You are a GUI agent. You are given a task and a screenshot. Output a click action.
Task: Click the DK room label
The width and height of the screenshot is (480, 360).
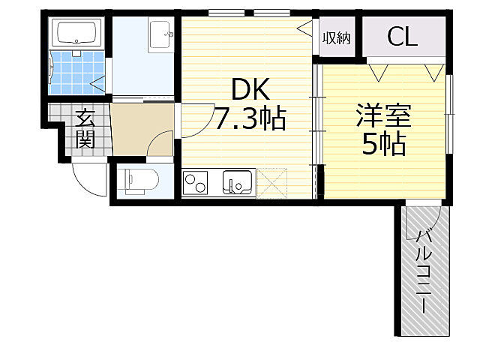251,89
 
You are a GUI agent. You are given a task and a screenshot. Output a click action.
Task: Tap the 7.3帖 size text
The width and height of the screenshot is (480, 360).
250,118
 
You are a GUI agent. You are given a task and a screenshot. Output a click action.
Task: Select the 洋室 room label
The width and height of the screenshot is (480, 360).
384,115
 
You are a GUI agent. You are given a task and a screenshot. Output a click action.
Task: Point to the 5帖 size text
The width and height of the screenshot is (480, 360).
384,144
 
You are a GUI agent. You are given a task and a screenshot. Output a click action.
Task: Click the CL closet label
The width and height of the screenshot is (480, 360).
402,37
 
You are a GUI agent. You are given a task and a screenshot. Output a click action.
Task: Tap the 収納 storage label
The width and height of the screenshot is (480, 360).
337,38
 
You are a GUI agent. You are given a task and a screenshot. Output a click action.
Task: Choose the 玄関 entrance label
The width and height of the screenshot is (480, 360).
85,128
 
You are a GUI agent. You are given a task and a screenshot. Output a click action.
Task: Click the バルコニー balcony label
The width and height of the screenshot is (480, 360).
424,271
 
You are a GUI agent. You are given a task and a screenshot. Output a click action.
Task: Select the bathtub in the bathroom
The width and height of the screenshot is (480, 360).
76,33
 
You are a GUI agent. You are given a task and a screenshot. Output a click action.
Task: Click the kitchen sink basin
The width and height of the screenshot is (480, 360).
238,182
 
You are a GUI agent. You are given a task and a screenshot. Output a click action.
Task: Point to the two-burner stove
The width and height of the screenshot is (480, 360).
195,183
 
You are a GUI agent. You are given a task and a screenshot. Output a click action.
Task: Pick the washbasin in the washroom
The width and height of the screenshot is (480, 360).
160,34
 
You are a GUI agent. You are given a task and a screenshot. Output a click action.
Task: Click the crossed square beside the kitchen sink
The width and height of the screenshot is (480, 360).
271,183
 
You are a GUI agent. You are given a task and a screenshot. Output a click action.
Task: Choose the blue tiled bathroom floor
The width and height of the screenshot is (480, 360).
77,73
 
